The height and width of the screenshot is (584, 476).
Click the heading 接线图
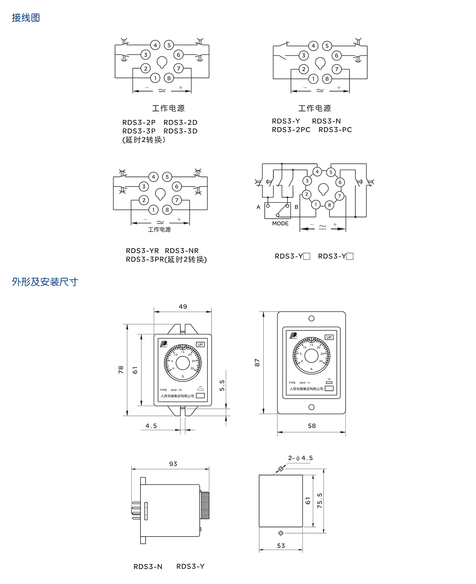pos(26,18)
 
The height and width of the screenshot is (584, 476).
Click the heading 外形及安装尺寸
pos(45,282)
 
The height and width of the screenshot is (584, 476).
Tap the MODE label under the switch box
pos(280,223)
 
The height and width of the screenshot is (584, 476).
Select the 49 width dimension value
pos(183,307)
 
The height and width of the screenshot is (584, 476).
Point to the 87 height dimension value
pos(257,362)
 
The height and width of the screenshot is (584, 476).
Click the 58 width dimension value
pos(312,426)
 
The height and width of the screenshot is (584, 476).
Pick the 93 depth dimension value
pos(173,464)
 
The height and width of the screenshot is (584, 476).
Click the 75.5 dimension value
pos(319,501)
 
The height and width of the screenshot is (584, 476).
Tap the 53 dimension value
pos(281,546)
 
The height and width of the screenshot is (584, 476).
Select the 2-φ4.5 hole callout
pos(300,458)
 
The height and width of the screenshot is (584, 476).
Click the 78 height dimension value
pos(121,370)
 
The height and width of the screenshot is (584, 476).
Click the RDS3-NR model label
pos(182,251)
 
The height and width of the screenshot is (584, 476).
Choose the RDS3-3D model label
pos(180,131)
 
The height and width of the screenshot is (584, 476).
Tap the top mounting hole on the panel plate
pos(311,319)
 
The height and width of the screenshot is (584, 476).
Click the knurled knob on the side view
pos(205,505)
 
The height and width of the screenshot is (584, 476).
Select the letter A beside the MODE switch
pos(258,207)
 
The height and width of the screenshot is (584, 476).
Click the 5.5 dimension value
pos(222,386)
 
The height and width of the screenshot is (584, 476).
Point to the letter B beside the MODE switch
pos(296,207)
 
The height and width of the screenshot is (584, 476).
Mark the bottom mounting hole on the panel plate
pos(311,407)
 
